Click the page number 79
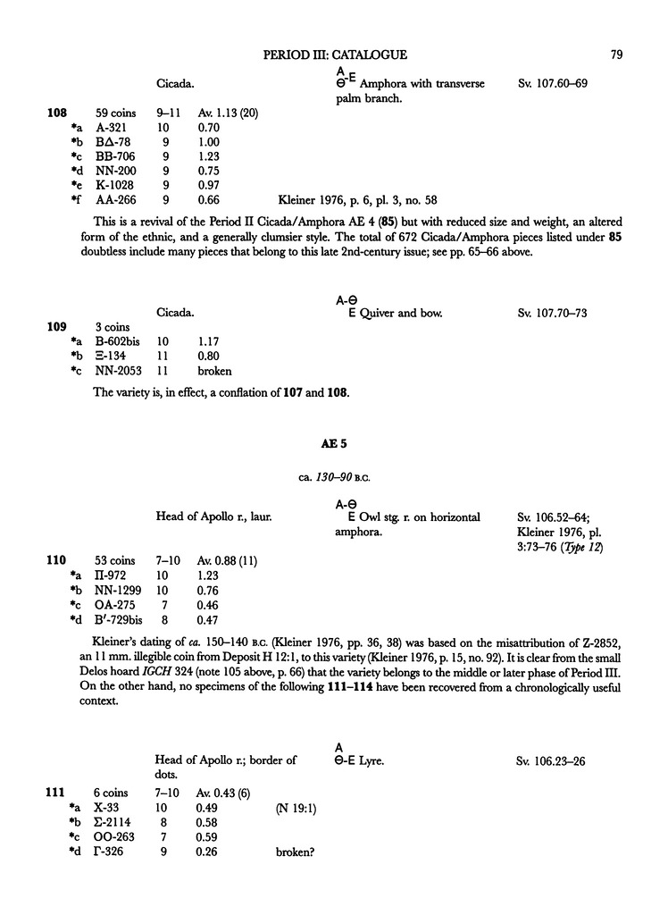pos(615,55)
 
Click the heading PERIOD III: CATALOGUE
pos(336,55)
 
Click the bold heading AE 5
pos(333,443)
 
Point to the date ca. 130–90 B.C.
pos(333,474)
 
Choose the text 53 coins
pos(112,560)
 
